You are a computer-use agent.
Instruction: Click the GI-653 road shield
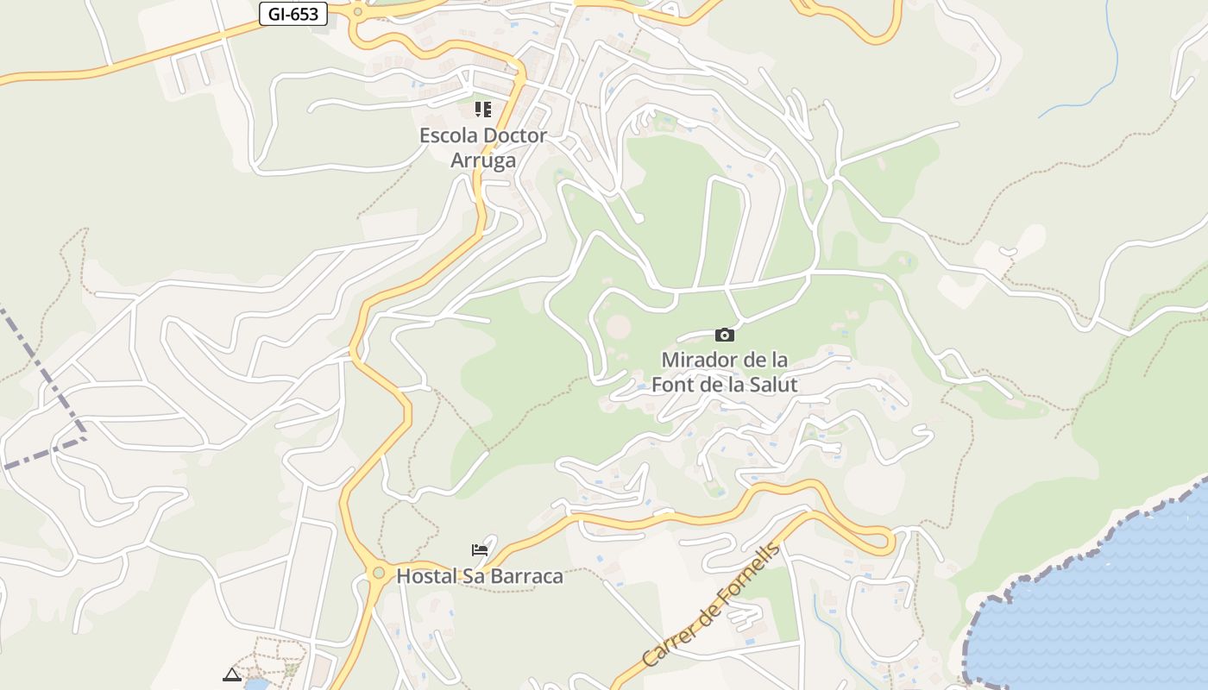tap(293, 14)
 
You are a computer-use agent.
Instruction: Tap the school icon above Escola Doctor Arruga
tap(482, 110)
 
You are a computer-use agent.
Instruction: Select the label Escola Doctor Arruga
tap(483, 147)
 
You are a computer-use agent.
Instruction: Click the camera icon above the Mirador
tap(725, 335)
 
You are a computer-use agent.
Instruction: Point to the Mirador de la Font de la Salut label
tap(725, 372)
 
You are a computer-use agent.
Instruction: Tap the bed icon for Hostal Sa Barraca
tap(480, 550)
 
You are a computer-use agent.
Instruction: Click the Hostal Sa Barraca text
tap(480, 576)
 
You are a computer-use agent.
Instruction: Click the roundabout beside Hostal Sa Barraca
tap(378, 573)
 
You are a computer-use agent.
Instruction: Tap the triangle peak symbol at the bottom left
tap(231, 674)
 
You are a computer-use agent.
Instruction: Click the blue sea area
tap(1113, 604)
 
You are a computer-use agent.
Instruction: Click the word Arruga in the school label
tap(483, 160)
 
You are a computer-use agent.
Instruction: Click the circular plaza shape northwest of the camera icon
tap(619, 327)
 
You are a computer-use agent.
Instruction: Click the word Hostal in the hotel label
tap(424, 576)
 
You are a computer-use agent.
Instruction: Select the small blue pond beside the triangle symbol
tap(256, 685)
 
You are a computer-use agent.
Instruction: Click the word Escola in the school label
tap(448, 135)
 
